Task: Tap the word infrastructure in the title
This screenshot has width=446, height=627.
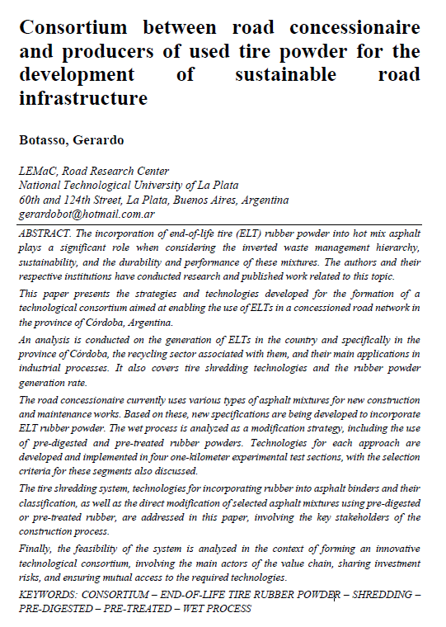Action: pos(82,100)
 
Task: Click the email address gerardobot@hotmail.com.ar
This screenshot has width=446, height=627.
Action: pos(86,214)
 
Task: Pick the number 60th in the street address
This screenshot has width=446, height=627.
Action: pos(31,200)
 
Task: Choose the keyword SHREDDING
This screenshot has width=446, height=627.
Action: pos(380,594)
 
